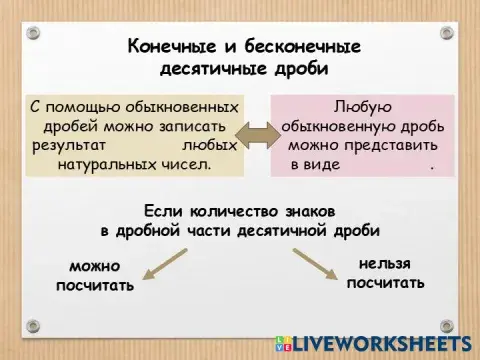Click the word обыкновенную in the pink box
pyautogui.click(x=338, y=127)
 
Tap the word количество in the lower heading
pyautogui.click(x=228, y=211)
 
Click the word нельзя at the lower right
pyautogui.click(x=385, y=263)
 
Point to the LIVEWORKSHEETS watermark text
pyautogui.click(x=381, y=342)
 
